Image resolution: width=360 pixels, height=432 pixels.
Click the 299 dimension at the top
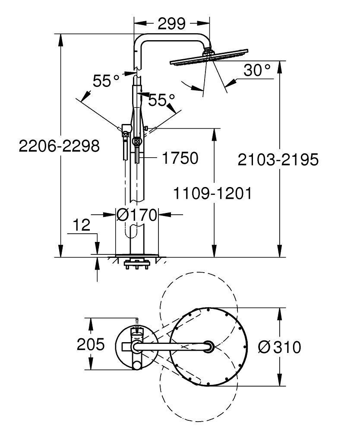click(172, 22)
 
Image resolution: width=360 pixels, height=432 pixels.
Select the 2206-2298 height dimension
click(59, 146)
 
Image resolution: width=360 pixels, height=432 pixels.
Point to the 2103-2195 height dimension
click(278, 159)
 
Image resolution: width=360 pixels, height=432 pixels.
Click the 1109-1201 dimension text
click(212, 193)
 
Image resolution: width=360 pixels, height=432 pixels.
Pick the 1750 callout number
click(180, 158)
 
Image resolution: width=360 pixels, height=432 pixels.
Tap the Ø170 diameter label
click(137, 214)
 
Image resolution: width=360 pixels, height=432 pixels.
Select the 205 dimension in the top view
click(91, 345)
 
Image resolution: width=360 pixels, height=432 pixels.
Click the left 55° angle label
click(106, 81)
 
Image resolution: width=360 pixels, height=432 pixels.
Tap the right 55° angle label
click(162, 100)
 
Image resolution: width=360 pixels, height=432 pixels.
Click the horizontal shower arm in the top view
click(173, 346)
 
